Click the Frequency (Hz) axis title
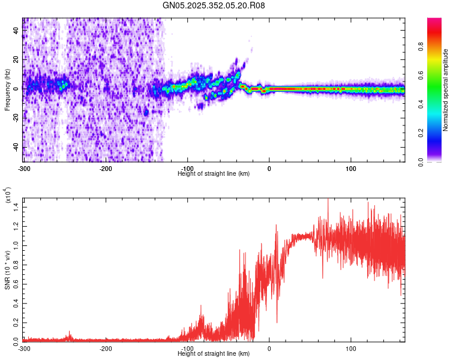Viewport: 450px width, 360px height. tap(7, 90)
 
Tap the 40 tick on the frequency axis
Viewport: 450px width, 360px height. tap(17, 31)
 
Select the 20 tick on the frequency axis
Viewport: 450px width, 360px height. tap(17, 60)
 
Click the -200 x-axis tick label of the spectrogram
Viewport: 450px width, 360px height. tap(106, 167)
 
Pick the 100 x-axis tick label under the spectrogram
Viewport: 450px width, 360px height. tap(351, 167)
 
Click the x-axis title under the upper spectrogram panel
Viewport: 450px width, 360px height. tap(214, 173)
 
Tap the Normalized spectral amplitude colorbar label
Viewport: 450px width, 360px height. tap(446, 90)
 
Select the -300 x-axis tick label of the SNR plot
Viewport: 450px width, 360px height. tap(24, 348)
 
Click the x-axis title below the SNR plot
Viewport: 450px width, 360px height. tap(214, 354)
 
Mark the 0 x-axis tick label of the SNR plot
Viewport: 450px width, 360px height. tap(269, 348)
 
